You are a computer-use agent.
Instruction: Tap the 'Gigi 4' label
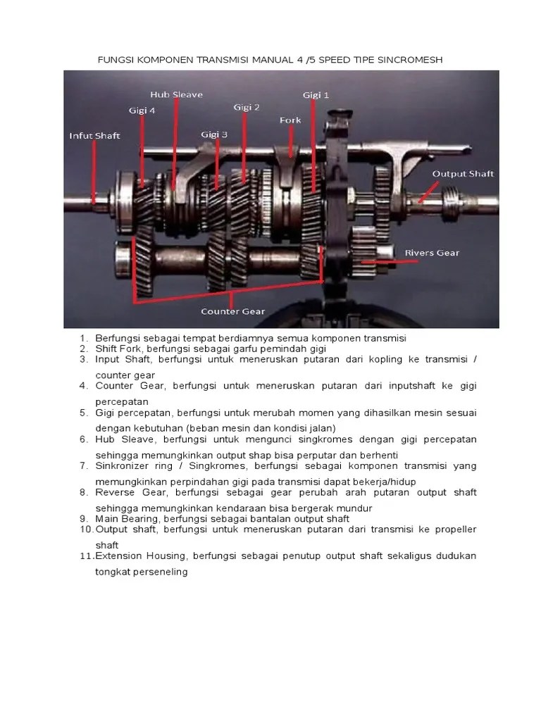point(142,110)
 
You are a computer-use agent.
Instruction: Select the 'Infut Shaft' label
point(94,136)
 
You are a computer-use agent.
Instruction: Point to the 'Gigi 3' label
point(214,134)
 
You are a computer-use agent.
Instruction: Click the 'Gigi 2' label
point(247,107)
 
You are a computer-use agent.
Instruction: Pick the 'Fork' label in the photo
point(290,120)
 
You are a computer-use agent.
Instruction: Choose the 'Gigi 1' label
point(316,94)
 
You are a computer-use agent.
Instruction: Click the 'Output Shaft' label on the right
point(463,173)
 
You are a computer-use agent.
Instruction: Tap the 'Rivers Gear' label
point(432,252)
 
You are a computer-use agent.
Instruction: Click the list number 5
point(82,413)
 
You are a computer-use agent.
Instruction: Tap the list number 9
point(82,518)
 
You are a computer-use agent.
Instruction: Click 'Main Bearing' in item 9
point(128,518)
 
